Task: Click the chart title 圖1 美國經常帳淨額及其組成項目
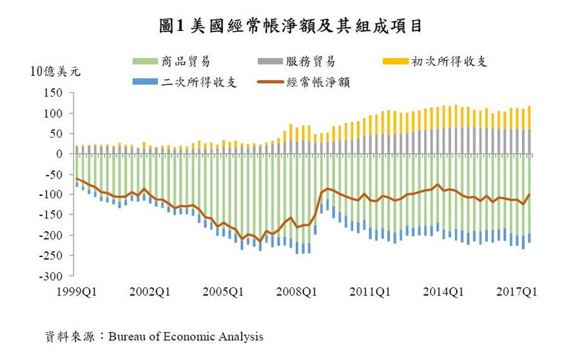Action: [291, 26]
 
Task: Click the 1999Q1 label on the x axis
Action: [77, 292]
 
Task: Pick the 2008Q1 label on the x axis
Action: [297, 292]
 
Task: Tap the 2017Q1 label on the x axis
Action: [517, 292]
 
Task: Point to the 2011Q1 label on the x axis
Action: [371, 292]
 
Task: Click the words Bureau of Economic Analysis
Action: [186, 337]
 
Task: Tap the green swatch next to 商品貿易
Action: [146, 62]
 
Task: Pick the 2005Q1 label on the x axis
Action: [224, 292]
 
